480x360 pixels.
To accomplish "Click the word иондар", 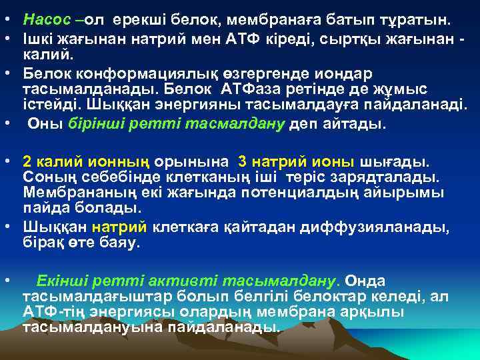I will coord(345,73).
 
